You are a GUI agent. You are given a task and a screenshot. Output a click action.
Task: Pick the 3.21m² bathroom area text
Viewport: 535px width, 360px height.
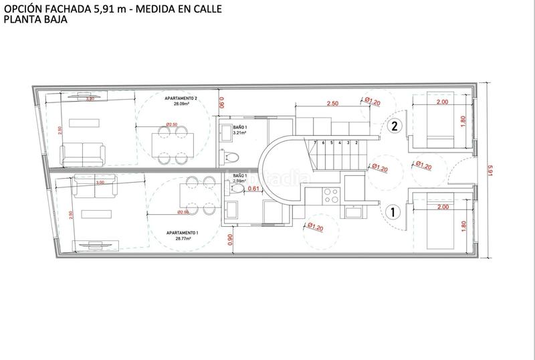coord(241,132)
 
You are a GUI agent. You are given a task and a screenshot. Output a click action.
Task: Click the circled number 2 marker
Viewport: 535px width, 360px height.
coord(395,126)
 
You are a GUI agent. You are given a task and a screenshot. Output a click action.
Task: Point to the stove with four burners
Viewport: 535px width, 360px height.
coord(330,195)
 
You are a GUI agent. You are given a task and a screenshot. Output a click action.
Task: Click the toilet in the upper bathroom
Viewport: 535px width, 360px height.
coord(231,157)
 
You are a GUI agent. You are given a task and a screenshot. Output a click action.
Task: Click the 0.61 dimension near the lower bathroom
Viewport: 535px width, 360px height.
coord(253,189)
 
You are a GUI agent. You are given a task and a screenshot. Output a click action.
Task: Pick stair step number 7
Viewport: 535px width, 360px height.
coord(315,143)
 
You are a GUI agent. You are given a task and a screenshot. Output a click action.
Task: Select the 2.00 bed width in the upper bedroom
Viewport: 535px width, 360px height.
coord(441,102)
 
